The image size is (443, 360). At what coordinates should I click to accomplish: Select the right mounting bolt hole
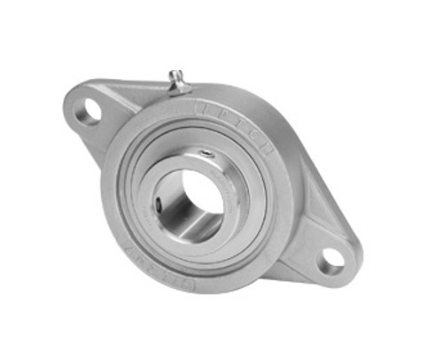332,259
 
